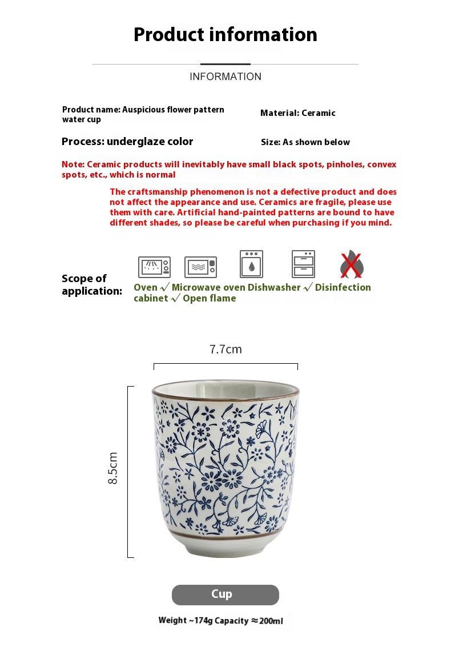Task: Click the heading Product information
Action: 225,35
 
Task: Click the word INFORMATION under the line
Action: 225,77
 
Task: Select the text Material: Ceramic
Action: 297,113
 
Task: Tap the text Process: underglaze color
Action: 127,142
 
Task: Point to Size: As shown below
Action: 305,142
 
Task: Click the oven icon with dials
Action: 154,267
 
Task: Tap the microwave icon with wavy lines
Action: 200,267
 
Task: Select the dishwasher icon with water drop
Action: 251,264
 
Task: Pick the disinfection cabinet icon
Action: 303,264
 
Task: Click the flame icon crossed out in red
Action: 352,264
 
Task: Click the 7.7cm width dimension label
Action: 226,349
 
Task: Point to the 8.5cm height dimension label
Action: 113,468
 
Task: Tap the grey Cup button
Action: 225,594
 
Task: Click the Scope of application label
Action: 91,284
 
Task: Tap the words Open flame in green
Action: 209,298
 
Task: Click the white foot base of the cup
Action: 225,549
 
